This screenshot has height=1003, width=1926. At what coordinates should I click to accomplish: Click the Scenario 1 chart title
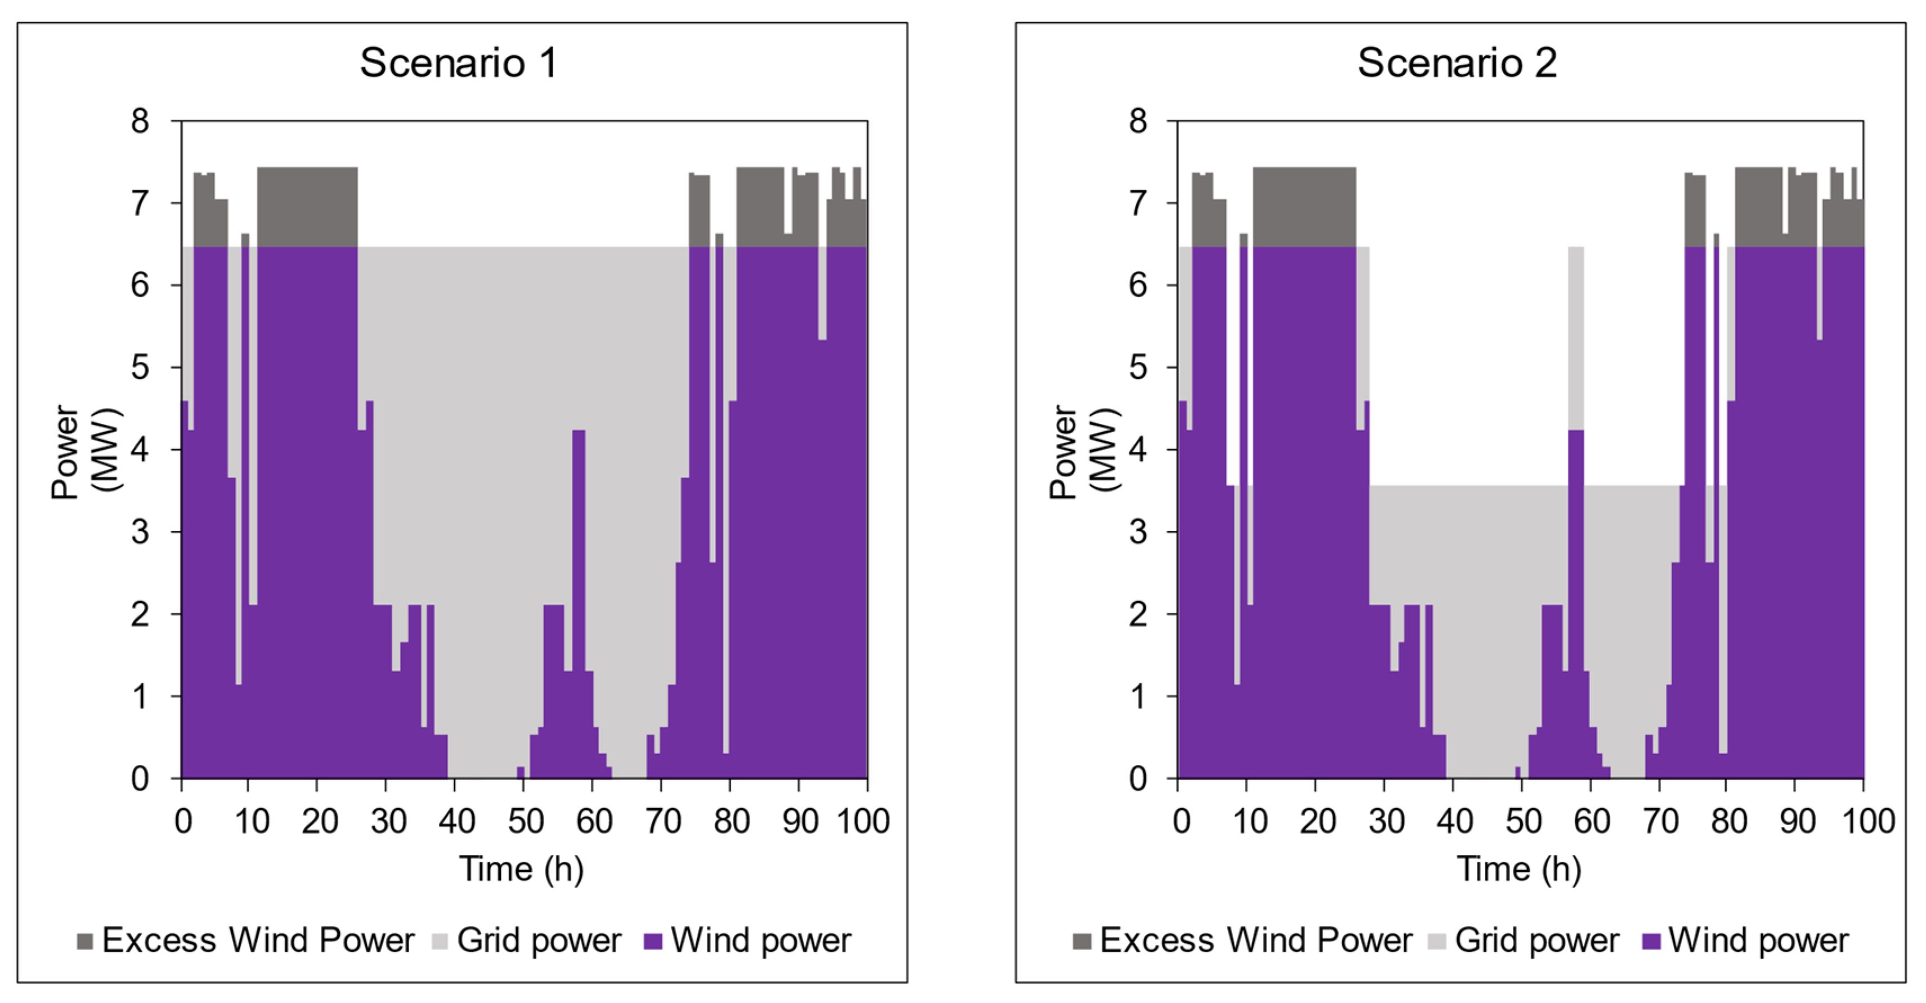click(458, 63)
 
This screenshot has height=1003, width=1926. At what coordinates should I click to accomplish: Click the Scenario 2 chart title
click(1457, 63)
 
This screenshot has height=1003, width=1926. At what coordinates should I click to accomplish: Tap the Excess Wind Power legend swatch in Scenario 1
click(85, 941)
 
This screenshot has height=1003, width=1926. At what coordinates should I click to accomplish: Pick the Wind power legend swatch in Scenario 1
click(653, 941)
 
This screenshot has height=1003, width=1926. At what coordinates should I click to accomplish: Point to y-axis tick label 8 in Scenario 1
click(140, 121)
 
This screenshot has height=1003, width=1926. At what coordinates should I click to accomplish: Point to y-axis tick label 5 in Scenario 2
click(1137, 368)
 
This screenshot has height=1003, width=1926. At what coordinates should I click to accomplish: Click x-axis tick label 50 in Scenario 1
click(526, 822)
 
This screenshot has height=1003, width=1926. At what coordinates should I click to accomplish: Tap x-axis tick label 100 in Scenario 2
click(1867, 822)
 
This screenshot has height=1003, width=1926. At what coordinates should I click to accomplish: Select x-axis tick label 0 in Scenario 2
click(1181, 822)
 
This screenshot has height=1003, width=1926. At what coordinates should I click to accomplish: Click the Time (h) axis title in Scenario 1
click(521, 869)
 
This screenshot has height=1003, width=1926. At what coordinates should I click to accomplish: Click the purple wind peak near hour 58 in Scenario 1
click(578, 523)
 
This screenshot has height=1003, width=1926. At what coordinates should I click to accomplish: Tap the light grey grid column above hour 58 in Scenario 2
click(1575, 337)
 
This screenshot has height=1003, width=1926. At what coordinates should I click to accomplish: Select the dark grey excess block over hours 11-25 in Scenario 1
click(307, 207)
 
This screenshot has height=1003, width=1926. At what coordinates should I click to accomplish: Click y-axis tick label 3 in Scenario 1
click(140, 532)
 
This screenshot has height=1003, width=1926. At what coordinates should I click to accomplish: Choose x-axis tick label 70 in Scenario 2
click(1660, 822)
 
